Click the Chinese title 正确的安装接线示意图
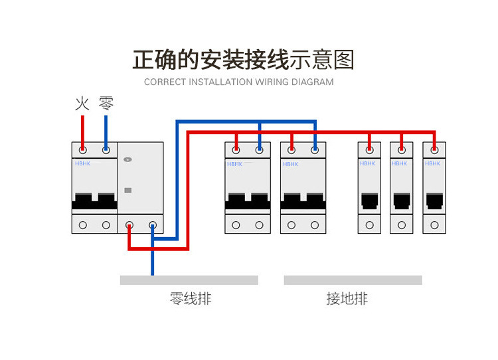pos(244,60)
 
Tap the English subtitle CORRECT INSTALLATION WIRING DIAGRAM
pos(239,82)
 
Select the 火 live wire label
pos(82,103)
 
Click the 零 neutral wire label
pos(106,103)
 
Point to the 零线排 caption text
pos(191,299)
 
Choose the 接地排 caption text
pos(347,299)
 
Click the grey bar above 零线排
pos(189,280)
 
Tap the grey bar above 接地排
pos(353,280)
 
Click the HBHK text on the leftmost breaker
pos(82,163)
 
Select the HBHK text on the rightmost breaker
pos(433,163)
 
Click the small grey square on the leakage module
pos(128,190)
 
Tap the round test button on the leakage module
pos(128,160)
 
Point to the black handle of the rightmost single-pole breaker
pos(434,199)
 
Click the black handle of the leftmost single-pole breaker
pos(369,199)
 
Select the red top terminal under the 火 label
pos(82,149)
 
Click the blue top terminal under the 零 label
pos(106,149)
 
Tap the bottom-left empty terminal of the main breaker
pos(82,225)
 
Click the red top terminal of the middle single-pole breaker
pos(401,149)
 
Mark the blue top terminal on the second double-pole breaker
pos(315,149)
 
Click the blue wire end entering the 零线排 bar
pos(153,271)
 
